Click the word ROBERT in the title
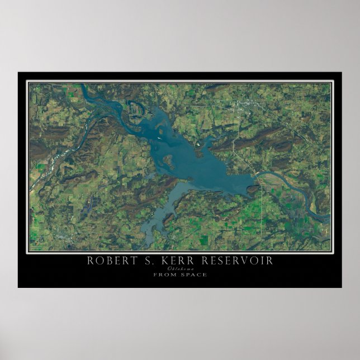point(108,261)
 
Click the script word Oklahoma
point(180,268)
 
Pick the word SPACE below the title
point(193,274)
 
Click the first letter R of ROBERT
point(89,261)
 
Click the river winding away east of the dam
point(296,193)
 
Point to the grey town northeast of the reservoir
point(246,105)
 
